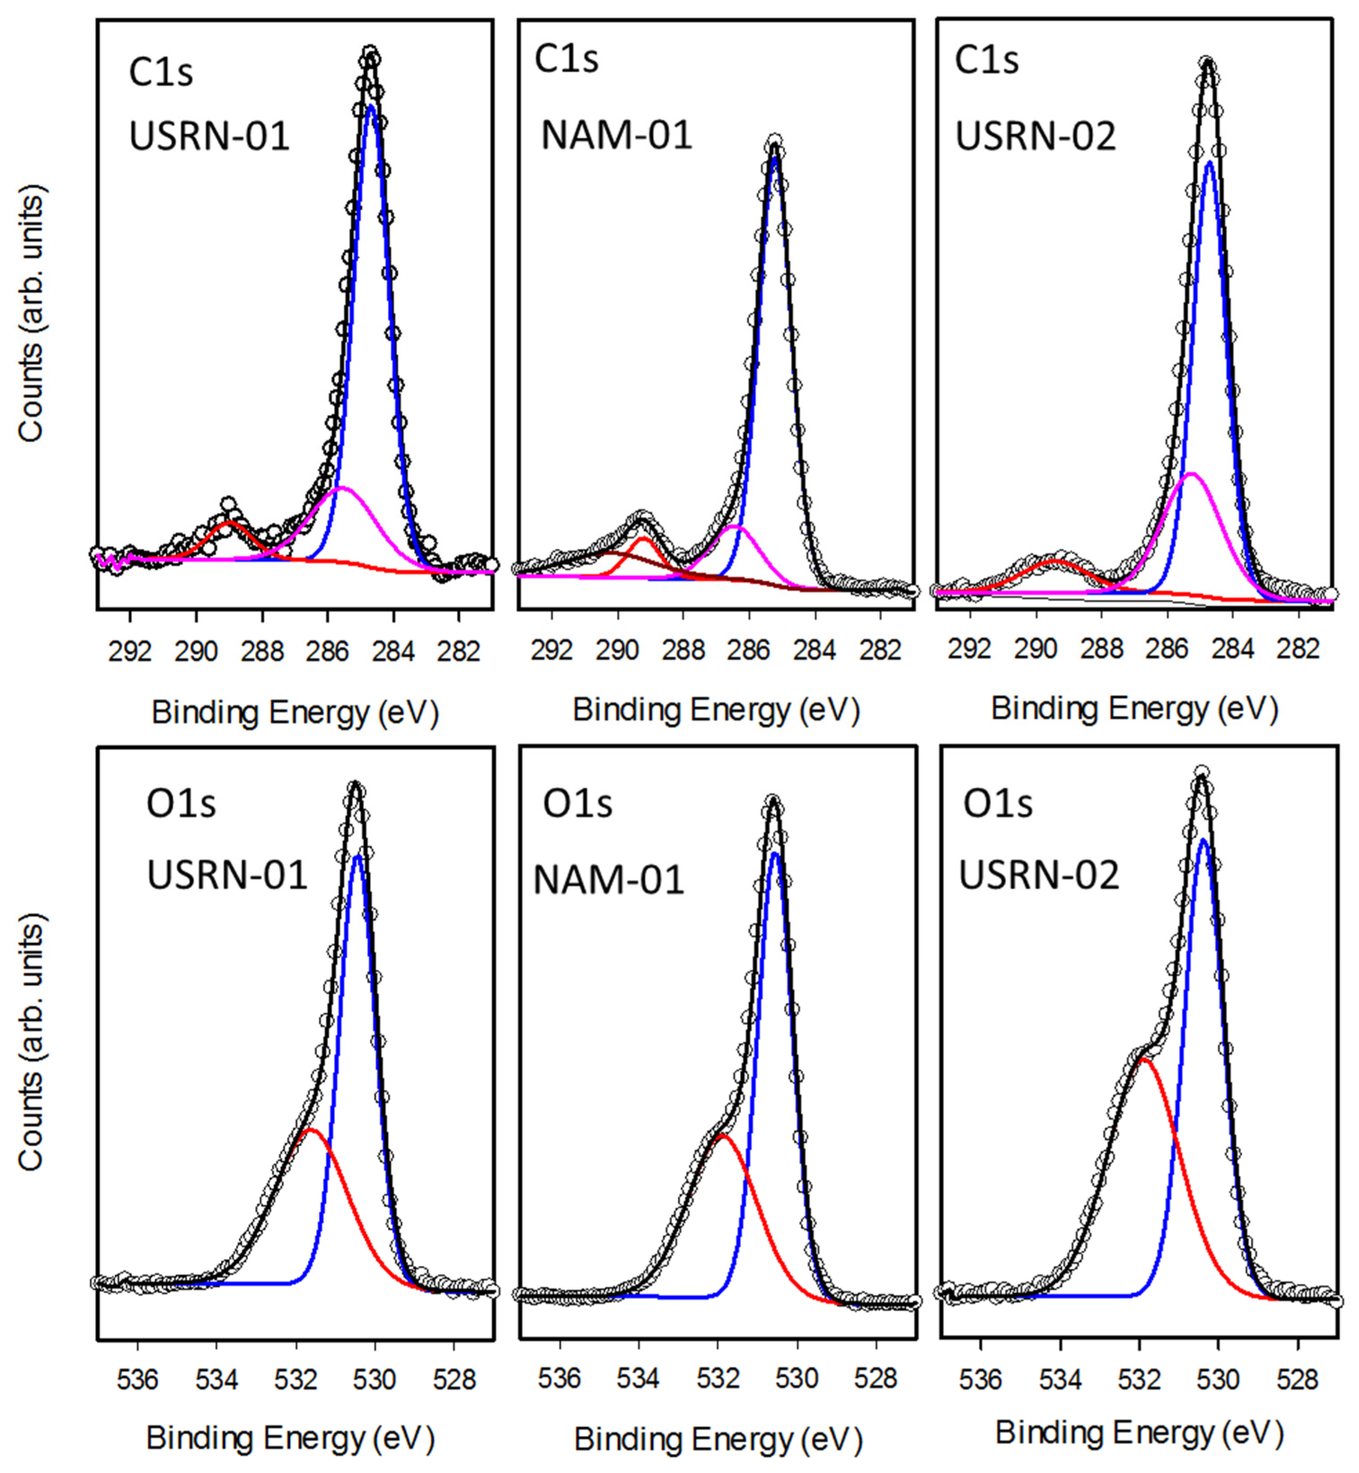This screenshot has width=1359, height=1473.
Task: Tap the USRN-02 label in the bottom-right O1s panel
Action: (1039, 875)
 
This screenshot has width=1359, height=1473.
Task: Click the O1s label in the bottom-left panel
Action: (181, 803)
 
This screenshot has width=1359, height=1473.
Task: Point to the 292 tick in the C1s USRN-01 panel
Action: (130, 651)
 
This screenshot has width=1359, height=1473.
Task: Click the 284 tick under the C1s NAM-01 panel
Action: (815, 650)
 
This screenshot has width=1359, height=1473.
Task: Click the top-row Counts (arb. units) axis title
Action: (31, 313)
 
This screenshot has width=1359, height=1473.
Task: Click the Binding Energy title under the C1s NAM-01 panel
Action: (716, 710)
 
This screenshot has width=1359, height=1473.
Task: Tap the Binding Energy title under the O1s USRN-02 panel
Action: (1139, 1433)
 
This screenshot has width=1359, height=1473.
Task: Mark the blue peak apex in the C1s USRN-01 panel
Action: (371, 106)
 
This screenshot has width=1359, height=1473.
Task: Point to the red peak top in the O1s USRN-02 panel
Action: (1143, 1060)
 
